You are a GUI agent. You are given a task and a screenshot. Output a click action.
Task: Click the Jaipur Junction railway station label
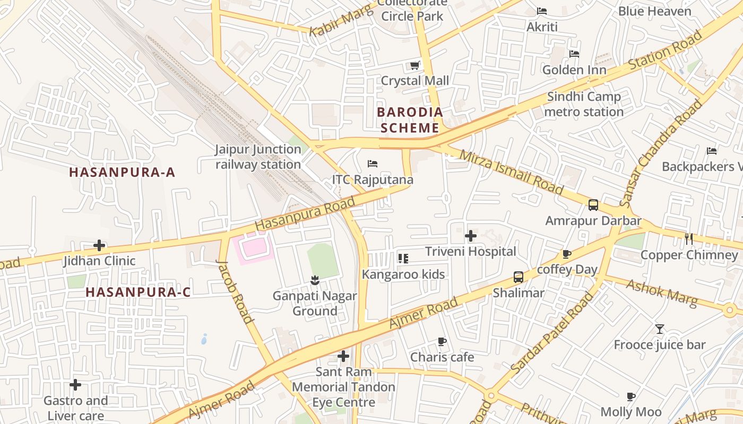[x=258, y=157]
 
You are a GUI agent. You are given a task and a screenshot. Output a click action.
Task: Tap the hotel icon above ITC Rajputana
[x=373, y=163]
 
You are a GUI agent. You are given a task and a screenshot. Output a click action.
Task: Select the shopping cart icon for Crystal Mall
[x=415, y=66]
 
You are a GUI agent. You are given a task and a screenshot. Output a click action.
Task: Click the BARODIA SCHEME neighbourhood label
[x=410, y=120]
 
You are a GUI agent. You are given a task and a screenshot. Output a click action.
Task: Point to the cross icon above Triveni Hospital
[x=471, y=236]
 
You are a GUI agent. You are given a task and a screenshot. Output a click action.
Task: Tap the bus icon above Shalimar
[x=518, y=277]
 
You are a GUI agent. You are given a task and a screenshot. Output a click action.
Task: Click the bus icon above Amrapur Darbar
[x=593, y=205]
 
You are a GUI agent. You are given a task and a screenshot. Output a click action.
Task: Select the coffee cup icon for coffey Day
[x=567, y=254]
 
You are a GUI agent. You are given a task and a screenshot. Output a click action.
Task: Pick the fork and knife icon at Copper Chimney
[x=689, y=239]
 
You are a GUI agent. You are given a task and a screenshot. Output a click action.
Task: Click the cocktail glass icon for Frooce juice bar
[x=659, y=329]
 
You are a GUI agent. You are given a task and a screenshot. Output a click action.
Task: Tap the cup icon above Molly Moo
[x=630, y=396]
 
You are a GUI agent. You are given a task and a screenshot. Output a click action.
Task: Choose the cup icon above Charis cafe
[x=442, y=342]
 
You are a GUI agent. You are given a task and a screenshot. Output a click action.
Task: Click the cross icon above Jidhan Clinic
[x=99, y=245]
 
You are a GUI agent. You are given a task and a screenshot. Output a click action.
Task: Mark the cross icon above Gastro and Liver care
[x=75, y=385]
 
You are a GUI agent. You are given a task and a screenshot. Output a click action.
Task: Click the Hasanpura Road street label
[x=305, y=214]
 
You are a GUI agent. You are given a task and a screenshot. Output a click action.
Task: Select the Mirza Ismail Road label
[x=511, y=172]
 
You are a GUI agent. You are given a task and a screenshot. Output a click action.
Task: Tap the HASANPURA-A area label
[x=122, y=172]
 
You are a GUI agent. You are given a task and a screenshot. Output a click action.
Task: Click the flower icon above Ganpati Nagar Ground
[x=315, y=280]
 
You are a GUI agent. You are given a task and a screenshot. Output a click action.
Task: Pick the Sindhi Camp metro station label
[x=584, y=104]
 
